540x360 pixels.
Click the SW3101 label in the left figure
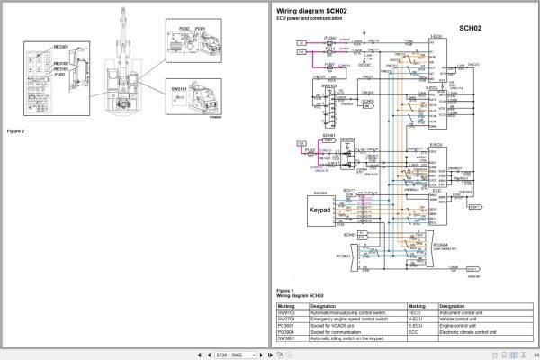pos(178,89)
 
